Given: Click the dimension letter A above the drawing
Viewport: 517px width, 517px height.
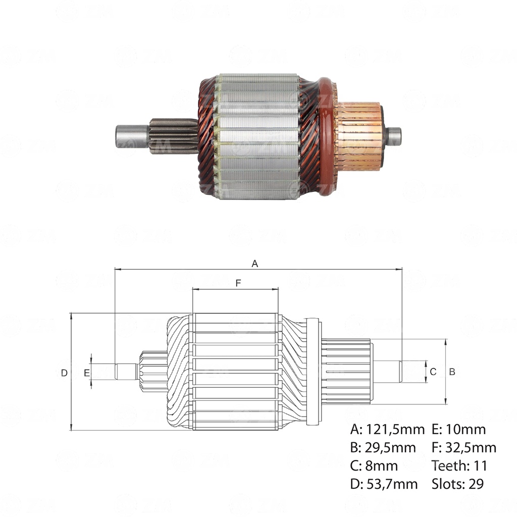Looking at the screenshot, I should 255,264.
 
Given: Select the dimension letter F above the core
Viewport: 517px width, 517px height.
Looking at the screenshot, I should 238,283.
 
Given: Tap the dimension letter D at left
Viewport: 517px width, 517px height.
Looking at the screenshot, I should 64,373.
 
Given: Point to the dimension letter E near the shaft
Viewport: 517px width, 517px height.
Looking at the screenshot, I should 87,373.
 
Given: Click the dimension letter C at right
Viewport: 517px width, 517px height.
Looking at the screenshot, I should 433,372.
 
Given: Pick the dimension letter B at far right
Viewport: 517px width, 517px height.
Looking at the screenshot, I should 452,372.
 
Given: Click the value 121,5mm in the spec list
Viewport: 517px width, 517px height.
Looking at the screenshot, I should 395,430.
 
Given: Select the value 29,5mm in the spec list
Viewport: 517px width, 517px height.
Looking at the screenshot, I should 390,448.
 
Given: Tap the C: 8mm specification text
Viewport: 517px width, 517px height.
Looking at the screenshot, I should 374,466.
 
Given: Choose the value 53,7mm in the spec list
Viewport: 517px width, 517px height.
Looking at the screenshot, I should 391,484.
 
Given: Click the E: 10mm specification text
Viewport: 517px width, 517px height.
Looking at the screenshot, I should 459,430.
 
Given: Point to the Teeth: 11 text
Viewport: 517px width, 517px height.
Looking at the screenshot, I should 459,466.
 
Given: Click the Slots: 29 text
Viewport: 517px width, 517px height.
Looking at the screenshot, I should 457,484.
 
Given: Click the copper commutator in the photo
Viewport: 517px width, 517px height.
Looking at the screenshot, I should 358,136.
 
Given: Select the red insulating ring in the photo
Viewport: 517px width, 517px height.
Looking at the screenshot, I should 327,136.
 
